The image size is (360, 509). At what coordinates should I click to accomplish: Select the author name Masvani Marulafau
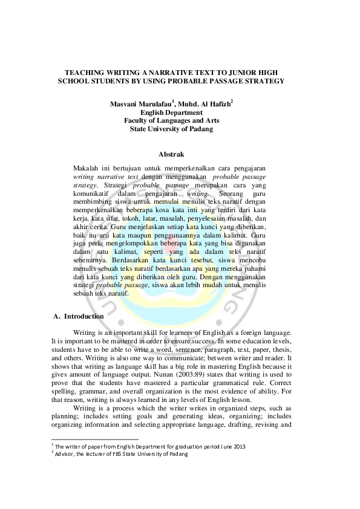[140, 104]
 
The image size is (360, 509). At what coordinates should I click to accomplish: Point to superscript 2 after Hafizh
[232, 102]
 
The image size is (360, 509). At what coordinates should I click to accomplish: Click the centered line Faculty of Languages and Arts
[171, 120]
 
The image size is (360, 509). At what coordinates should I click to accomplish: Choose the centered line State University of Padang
[171, 129]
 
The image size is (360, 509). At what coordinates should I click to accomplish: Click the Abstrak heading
[171, 155]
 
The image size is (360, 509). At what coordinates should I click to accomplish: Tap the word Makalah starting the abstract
[85, 166]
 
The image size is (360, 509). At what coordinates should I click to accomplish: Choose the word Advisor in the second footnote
[66, 454]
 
